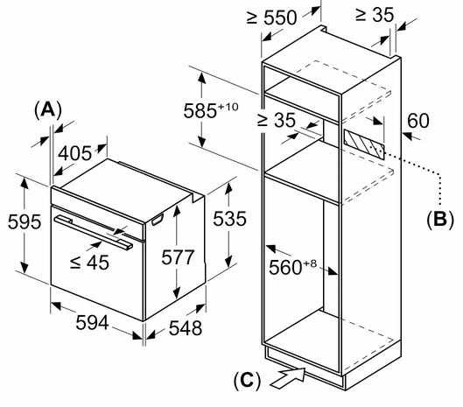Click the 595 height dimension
(25, 221)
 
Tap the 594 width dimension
(92, 322)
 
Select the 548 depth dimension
(186, 327)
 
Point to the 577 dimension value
(178, 256)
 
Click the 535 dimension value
(229, 219)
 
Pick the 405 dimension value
(74, 153)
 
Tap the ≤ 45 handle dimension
(89, 262)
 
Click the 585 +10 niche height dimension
(211, 110)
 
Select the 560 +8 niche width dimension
(292, 267)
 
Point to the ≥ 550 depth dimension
(271, 18)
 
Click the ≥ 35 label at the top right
(375, 14)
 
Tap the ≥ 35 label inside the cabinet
(276, 120)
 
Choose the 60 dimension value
(418, 121)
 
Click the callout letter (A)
(48, 110)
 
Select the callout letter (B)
(440, 219)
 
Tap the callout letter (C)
(247, 380)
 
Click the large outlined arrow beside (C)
(288, 377)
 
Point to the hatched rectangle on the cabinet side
(364, 144)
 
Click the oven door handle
(94, 233)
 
